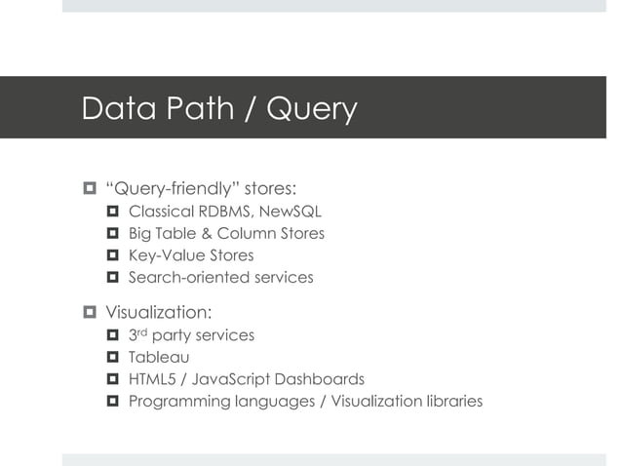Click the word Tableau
click(x=159, y=357)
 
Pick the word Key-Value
click(x=162, y=255)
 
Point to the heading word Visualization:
click(x=157, y=313)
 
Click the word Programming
click(x=175, y=402)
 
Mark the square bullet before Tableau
click(x=112, y=358)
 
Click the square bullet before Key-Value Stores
click(x=112, y=255)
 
